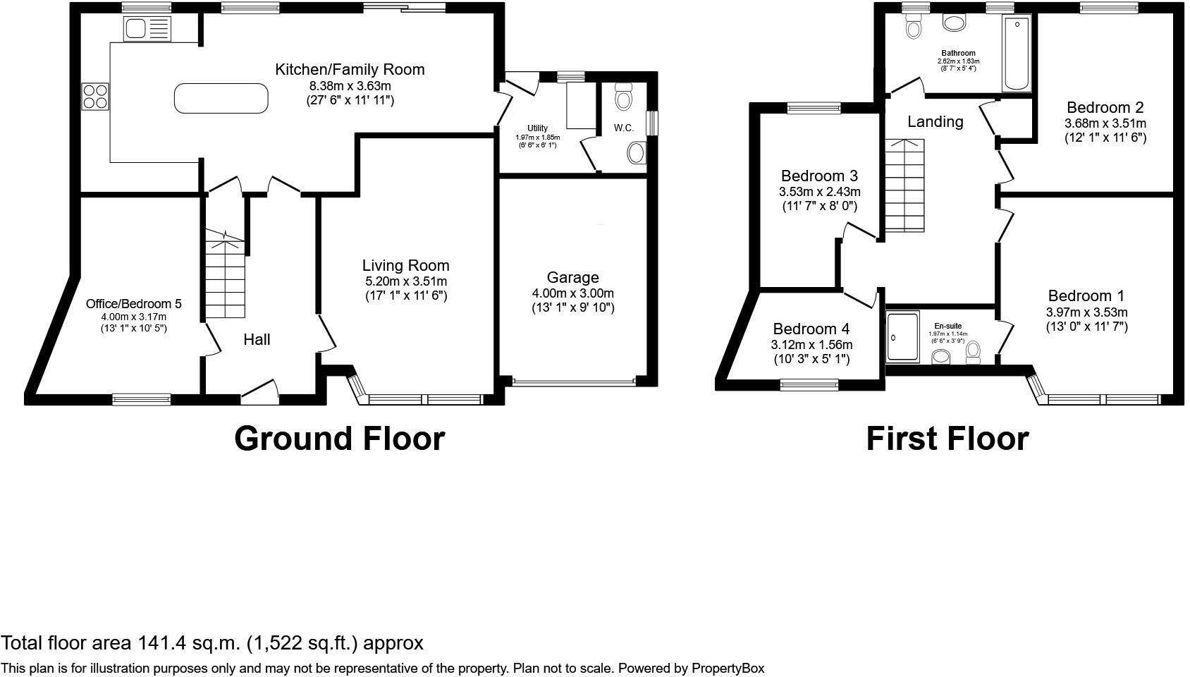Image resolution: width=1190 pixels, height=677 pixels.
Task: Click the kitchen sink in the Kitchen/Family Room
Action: (x=147, y=29)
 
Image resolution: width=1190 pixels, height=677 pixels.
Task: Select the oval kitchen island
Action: (x=221, y=98)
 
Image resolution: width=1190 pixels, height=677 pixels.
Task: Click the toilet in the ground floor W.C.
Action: (x=623, y=97)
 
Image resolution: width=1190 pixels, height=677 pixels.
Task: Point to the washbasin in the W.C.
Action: (x=636, y=152)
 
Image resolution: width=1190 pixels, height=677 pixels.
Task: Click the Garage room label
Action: (x=572, y=278)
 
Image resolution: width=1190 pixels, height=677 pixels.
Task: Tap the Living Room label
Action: (x=405, y=266)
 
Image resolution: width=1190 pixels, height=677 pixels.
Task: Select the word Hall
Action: (x=257, y=340)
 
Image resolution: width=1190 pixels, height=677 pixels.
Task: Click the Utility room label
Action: (x=537, y=128)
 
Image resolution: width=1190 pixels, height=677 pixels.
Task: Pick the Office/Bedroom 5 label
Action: (x=133, y=304)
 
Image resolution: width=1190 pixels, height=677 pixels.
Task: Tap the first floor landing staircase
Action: (x=904, y=185)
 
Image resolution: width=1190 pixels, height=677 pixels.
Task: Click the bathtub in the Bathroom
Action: (x=1017, y=55)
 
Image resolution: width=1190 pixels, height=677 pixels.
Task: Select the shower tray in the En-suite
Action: (x=902, y=337)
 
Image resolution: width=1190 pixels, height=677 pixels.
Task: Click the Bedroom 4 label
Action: (x=811, y=329)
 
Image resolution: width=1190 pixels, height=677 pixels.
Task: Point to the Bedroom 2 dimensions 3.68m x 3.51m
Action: (x=1105, y=123)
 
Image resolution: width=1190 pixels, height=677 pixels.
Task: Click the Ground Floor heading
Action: (x=339, y=439)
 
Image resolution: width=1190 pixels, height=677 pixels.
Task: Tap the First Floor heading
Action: (x=947, y=439)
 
